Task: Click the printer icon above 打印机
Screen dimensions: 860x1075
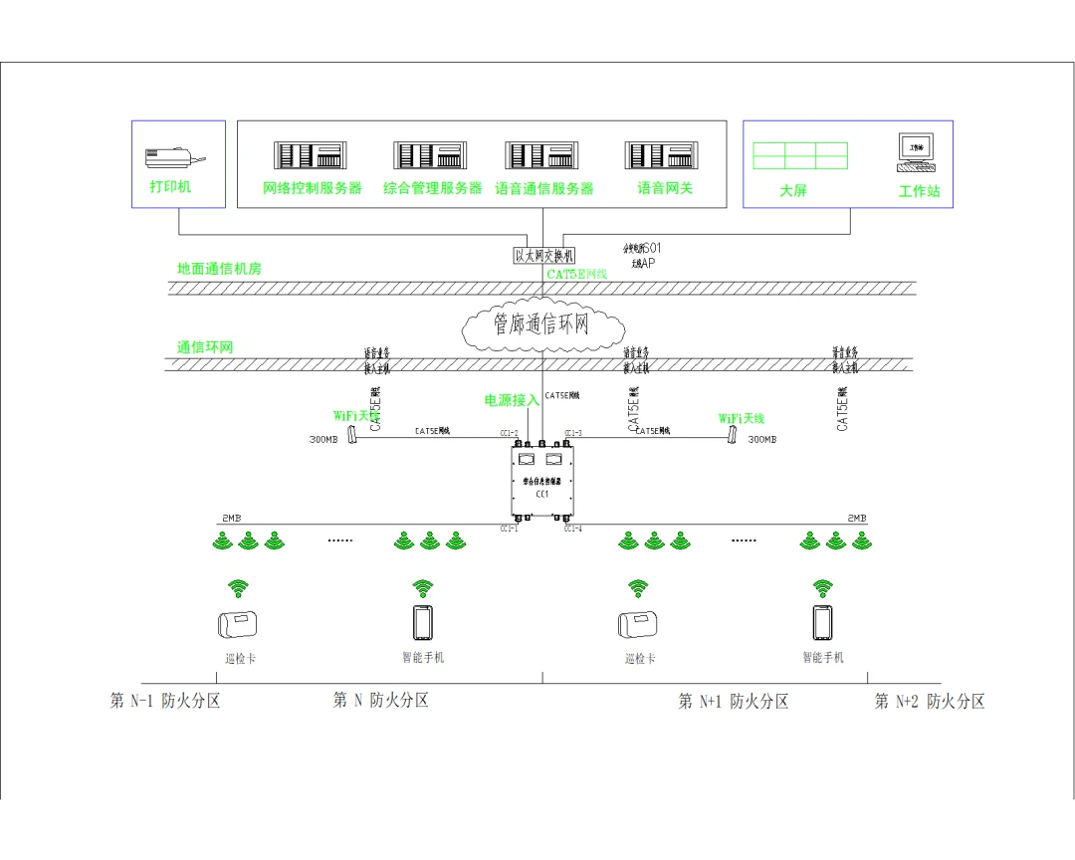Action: [x=174, y=157]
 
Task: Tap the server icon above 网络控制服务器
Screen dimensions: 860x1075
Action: [x=312, y=155]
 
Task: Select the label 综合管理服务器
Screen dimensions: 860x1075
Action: [x=432, y=188]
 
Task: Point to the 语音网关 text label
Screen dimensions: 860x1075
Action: [x=665, y=188]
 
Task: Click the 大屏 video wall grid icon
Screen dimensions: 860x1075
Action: [x=799, y=155]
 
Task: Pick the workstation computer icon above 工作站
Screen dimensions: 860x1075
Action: [x=916, y=149]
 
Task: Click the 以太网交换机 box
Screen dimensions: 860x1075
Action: [x=543, y=256]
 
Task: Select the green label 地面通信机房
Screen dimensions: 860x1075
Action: [x=219, y=269]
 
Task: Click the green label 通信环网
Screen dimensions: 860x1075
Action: [x=205, y=347]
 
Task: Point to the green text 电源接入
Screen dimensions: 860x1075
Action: [x=512, y=400]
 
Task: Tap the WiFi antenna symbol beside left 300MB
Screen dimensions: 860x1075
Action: [x=352, y=436]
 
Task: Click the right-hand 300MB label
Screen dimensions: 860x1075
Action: [x=761, y=439]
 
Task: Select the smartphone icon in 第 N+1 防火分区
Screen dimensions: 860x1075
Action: [x=822, y=623]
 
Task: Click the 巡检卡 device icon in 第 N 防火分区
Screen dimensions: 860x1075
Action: [x=238, y=624]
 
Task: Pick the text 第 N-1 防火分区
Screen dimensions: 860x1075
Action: [x=165, y=701]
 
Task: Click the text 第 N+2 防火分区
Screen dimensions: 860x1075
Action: [x=930, y=701]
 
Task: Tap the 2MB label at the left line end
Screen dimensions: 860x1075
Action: [x=230, y=519]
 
